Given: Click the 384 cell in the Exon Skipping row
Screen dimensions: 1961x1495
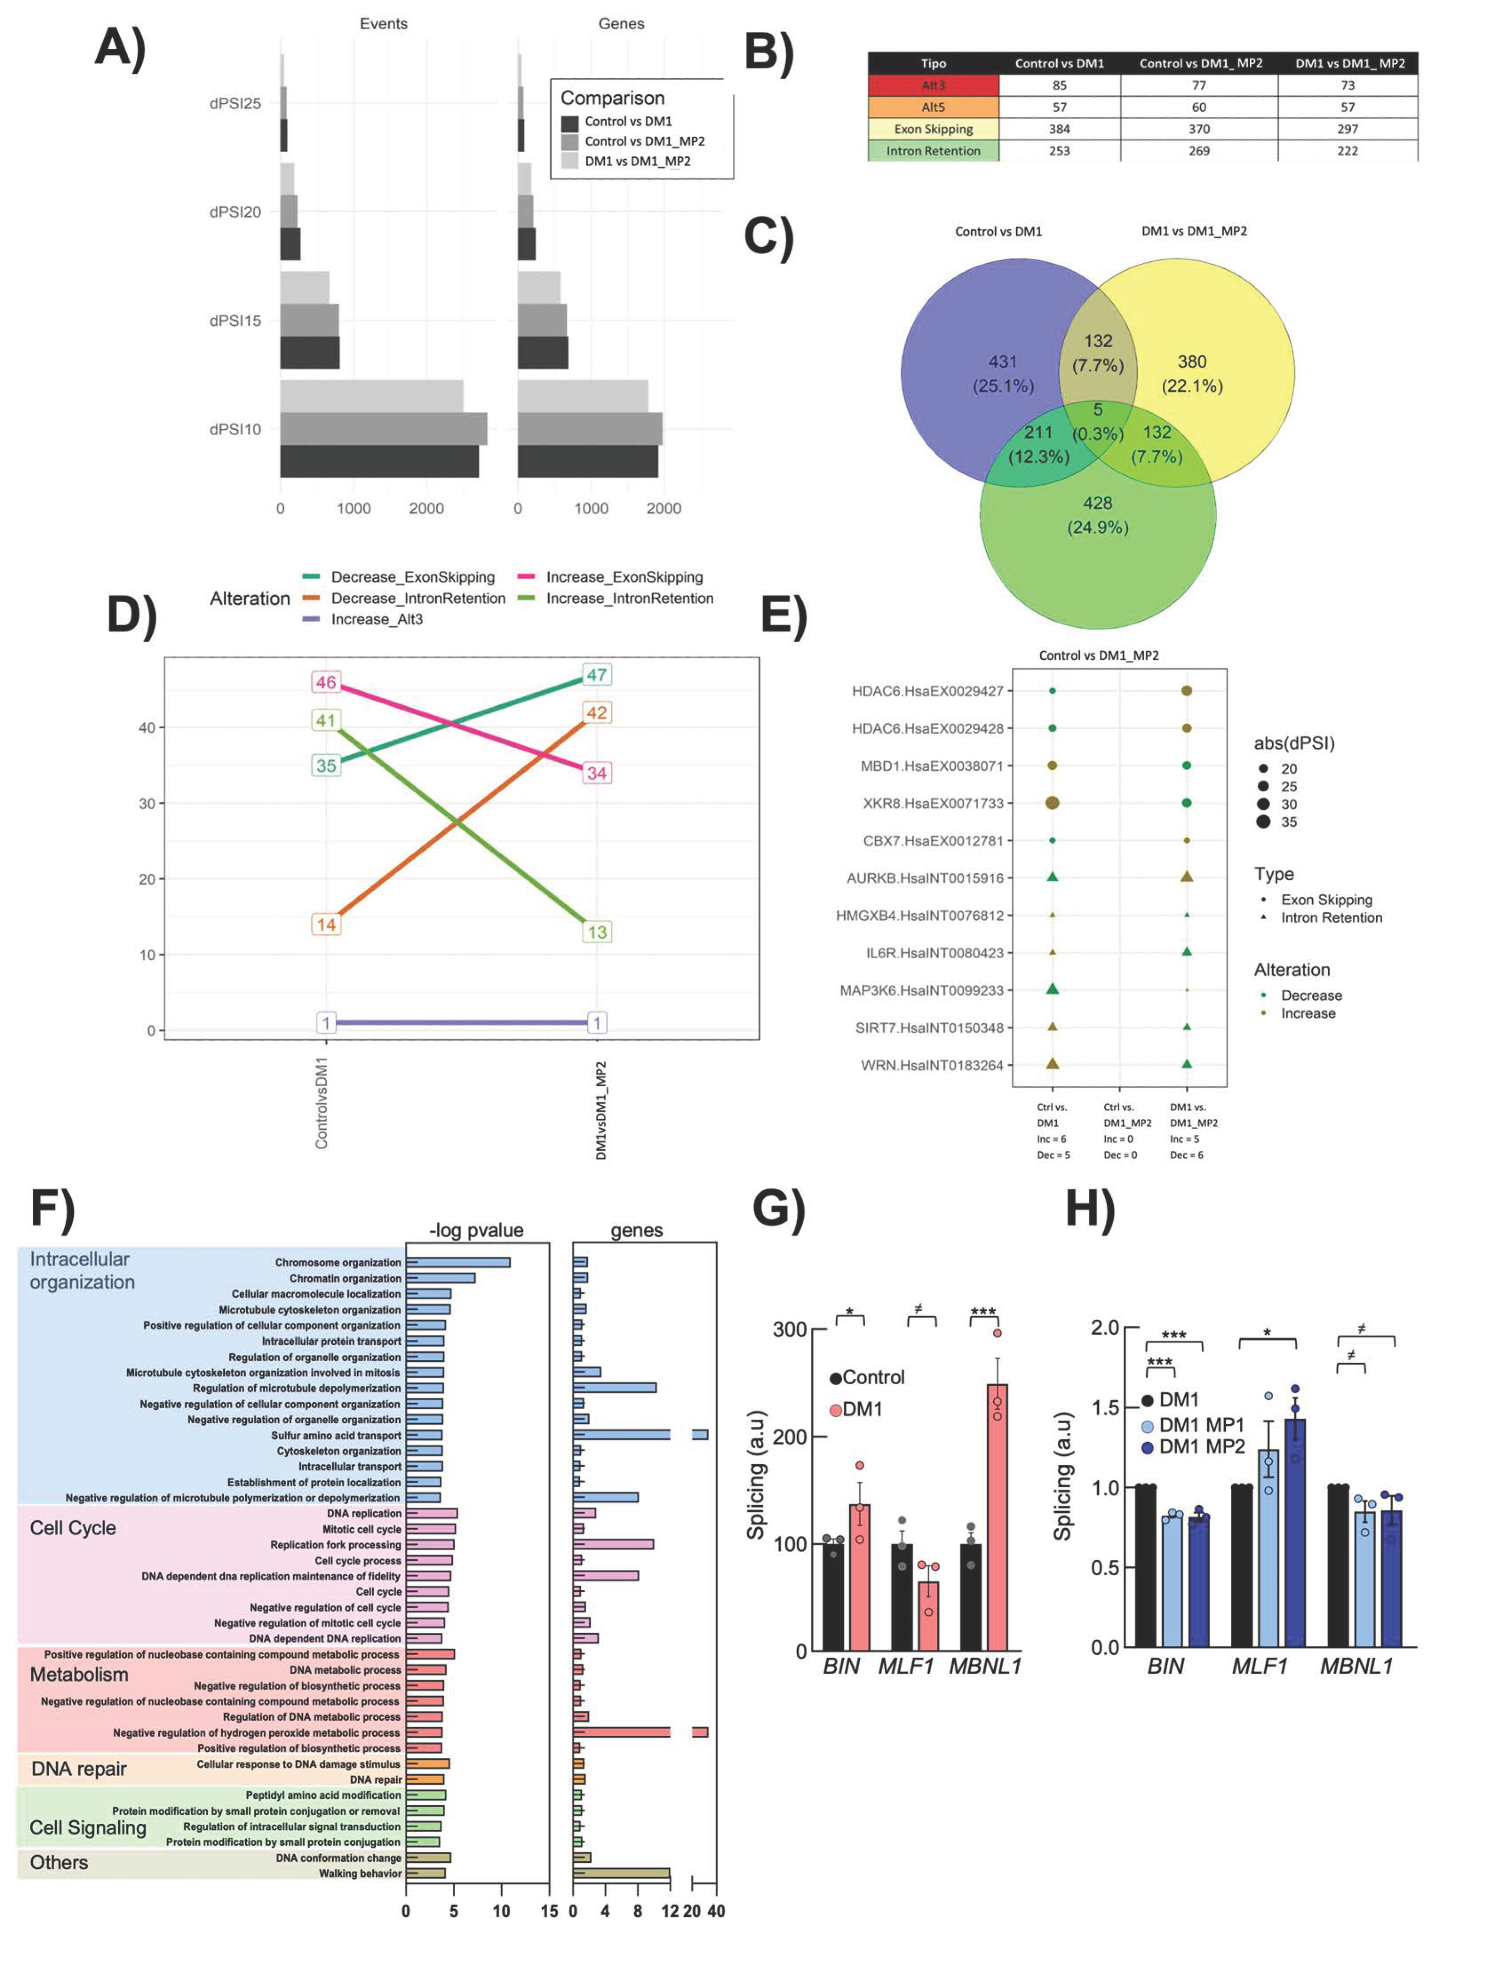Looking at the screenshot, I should point(1059,129).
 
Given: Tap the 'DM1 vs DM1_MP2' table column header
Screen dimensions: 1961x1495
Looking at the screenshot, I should point(1349,63).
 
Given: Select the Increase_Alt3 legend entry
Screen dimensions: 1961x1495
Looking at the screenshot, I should point(376,619).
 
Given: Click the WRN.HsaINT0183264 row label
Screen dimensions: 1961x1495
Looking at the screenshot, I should point(932,1065).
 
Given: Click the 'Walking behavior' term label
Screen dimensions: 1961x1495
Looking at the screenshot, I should point(361,1873).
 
